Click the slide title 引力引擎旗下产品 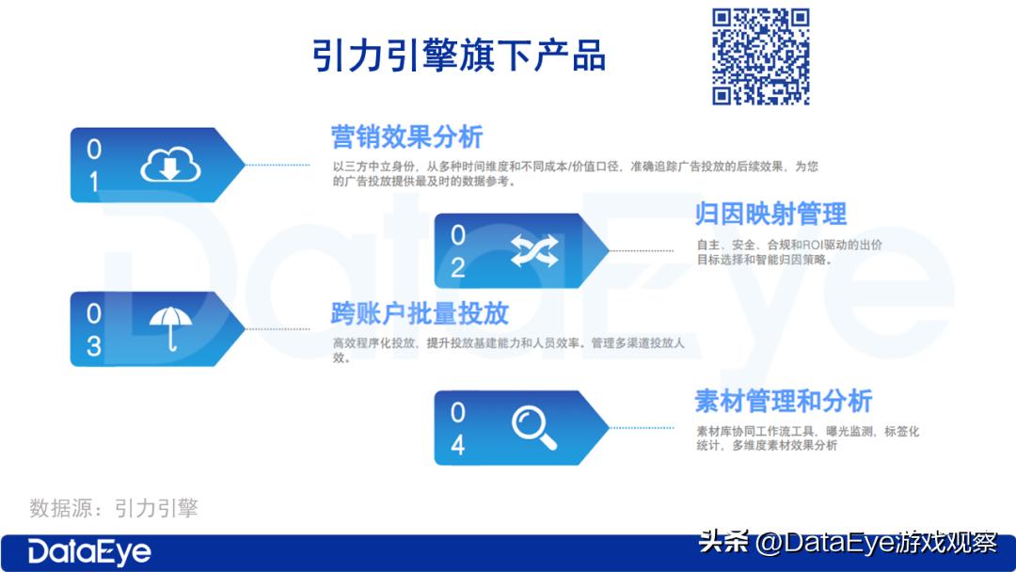pyautogui.click(x=459, y=56)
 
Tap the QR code pyautogui.click(x=760, y=56)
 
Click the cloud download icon pyautogui.click(x=171, y=166)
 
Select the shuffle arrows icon pyautogui.click(x=534, y=250)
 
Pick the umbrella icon pyautogui.click(x=170, y=328)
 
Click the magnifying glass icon pyautogui.click(x=533, y=427)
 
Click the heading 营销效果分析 pyautogui.click(x=406, y=136)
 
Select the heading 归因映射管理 pyautogui.click(x=770, y=214)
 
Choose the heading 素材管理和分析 pyautogui.click(x=784, y=401)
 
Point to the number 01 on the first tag pyautogui.click(x=93, y=166)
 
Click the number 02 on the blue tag pyautogui.click(x=458, y=251)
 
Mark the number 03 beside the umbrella pyautogui.click(x=93, y=329)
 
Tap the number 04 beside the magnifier pyautogui.click(x=458, y=428)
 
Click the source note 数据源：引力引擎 pyautogui.click(x=114, y=509)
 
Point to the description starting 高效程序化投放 pyautogui.click(x=508, y=350)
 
